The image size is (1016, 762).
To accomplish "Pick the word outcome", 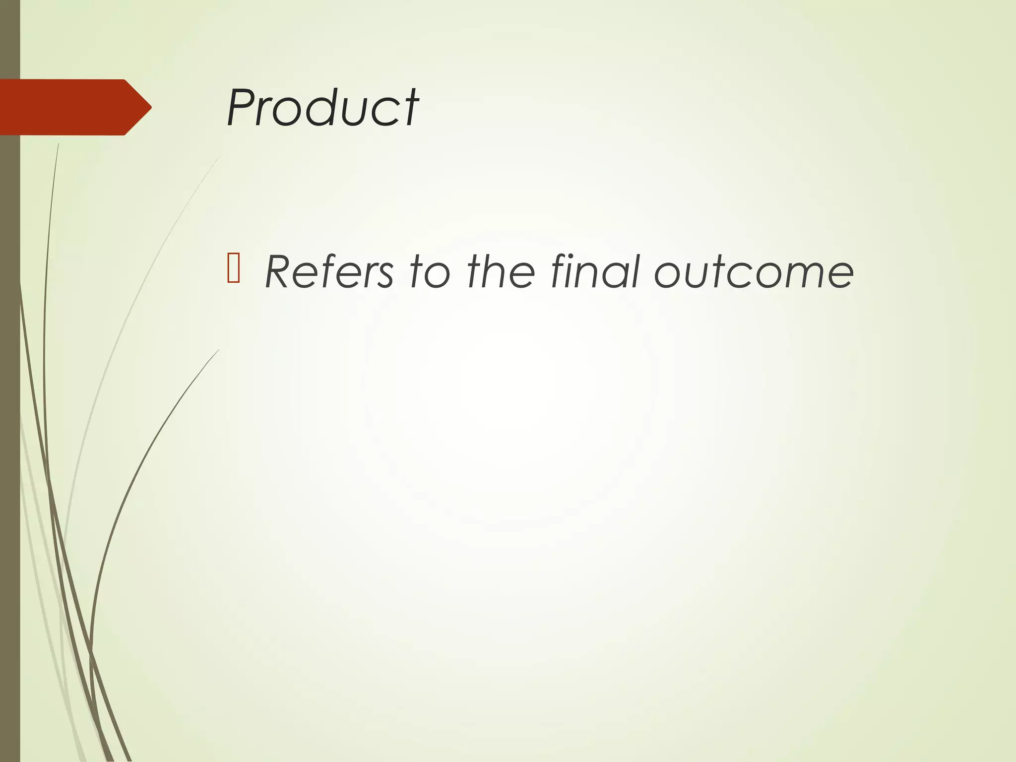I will (754, 272).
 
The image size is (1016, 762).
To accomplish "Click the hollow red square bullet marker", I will (233, 268).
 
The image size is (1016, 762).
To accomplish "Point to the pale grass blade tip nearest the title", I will (219, 157).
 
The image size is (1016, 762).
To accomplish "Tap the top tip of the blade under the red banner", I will (59, 144).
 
